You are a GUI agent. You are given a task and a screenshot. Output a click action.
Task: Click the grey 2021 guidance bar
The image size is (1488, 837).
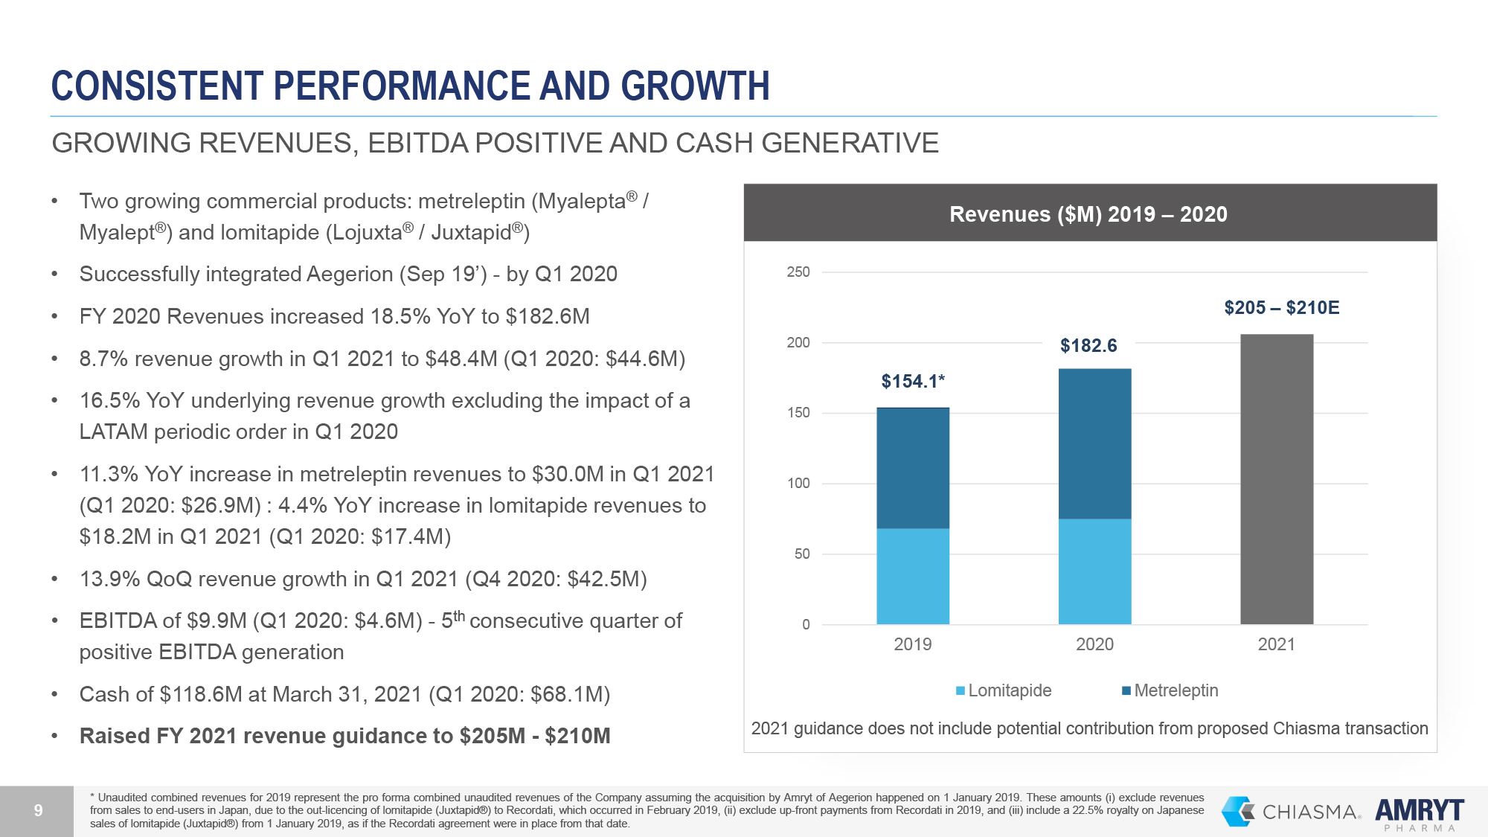pyautogui.click(x=1277, y=479)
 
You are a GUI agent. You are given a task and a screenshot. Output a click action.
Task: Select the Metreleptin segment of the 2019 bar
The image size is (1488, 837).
pyautogui.click(x=913, y=468)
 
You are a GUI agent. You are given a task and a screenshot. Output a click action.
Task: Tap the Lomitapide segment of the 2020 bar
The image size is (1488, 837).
pyautogui.click(x=1094, y=571)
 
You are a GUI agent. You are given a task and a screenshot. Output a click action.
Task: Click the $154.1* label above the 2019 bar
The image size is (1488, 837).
pyautogui.click(x=913, y=382)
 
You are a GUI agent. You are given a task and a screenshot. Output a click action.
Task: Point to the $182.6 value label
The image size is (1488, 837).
pyautogui.click(x=1088, y=346)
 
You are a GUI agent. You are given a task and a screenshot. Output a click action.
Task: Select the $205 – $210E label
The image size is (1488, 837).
pyautogui.click(x=1281, y=308)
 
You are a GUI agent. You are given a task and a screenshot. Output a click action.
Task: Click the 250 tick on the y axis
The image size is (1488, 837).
pyautogui.click(x=798, y=272)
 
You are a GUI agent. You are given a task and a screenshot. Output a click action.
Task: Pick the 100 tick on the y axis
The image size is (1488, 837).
pyautogui.click(x=798, y=484)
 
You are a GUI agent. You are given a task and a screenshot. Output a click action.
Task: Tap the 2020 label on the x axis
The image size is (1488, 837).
pyautogui.click(x=1094, y=644)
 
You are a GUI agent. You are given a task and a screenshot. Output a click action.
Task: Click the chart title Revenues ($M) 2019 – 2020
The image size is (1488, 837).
pyautogui.click(x=1088, y=214)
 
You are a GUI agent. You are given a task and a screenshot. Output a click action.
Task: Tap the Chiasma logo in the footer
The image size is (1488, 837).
pyautogui.click(x=1291, y=811)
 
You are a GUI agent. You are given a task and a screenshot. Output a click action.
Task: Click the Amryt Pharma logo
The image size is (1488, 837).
pyautogui.click(x=1420, y=813)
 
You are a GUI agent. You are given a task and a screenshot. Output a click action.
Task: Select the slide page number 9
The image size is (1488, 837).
pyautogui.click(x=38, y=811)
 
